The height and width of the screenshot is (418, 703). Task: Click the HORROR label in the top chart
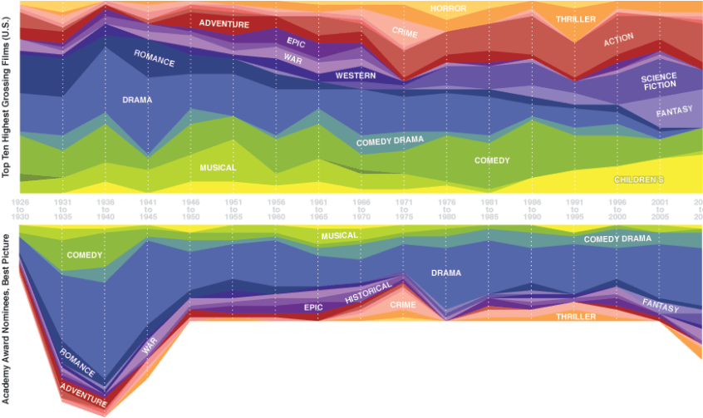point(448,9)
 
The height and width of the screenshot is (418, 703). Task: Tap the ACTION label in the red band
point(618,38)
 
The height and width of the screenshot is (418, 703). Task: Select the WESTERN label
point(356,76)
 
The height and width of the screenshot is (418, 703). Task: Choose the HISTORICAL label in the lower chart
point(368,292)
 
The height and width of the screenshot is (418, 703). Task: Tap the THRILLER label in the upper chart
point(576,17)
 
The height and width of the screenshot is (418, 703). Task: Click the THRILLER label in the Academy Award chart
point(576,317)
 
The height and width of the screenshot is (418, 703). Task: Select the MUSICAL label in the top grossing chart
point(218,168)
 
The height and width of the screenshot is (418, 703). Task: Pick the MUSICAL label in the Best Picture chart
point(339,236)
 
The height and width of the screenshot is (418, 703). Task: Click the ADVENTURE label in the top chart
point(224,24)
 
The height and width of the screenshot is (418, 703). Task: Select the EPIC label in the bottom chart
point(312,307)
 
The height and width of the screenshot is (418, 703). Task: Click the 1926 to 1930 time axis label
point(19,208)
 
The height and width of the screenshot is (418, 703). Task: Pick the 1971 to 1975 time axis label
point(404,208)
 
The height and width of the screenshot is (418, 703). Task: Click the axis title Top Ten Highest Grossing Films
point(7,98)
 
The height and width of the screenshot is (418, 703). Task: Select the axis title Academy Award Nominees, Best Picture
point(7,319)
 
